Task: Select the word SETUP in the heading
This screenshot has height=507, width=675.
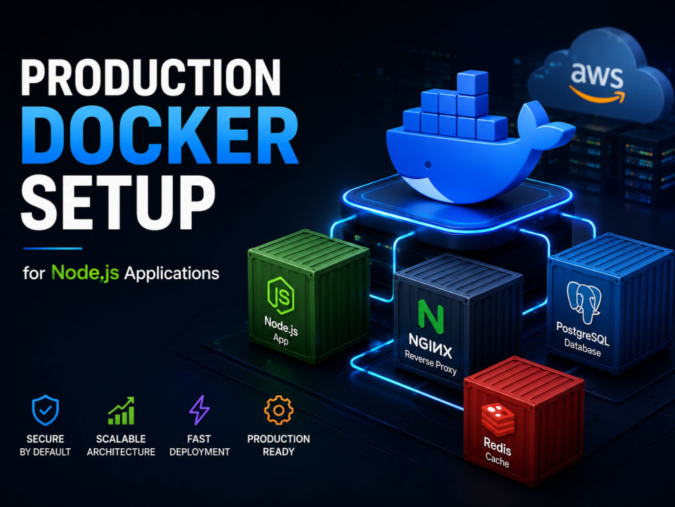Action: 118,201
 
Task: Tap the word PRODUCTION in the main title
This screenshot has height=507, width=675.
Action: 151,77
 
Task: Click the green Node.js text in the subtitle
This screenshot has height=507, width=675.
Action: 85,272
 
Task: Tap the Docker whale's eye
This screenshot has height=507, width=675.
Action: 428,164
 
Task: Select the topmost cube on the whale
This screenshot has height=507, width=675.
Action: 473,83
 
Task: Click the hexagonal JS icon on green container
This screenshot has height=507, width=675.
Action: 280,295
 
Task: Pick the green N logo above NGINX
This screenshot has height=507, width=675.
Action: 431,316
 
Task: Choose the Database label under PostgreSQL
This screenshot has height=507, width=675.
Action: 583,348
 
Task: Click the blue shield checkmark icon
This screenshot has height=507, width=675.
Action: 45,410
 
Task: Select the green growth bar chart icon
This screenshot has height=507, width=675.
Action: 122,411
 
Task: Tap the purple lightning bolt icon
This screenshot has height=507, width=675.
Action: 199,410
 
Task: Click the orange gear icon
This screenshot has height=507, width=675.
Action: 279,410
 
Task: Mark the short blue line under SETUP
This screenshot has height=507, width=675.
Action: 53,248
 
